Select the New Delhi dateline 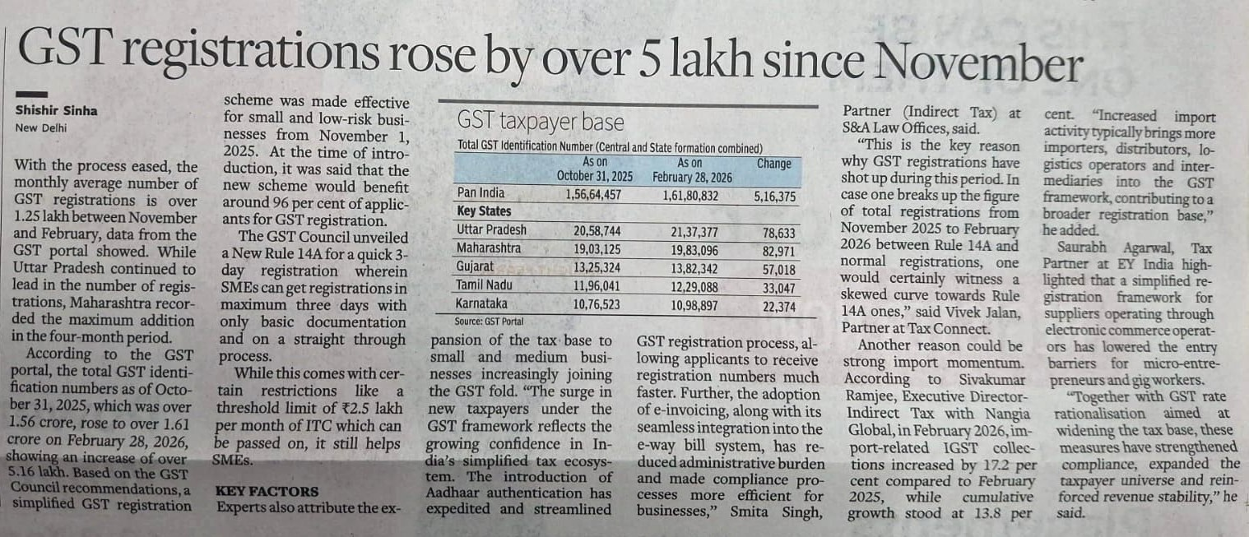[40, 127]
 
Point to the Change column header [773, 163]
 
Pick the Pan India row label [481, 193]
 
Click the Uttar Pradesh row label [492, 230]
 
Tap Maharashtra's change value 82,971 [778, 248]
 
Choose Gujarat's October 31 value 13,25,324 [593, 267]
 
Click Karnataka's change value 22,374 [778, 305]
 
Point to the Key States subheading [485, 211]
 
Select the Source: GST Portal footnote [489, 321]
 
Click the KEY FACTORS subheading [267, 491]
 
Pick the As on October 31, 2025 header [595, 169]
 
